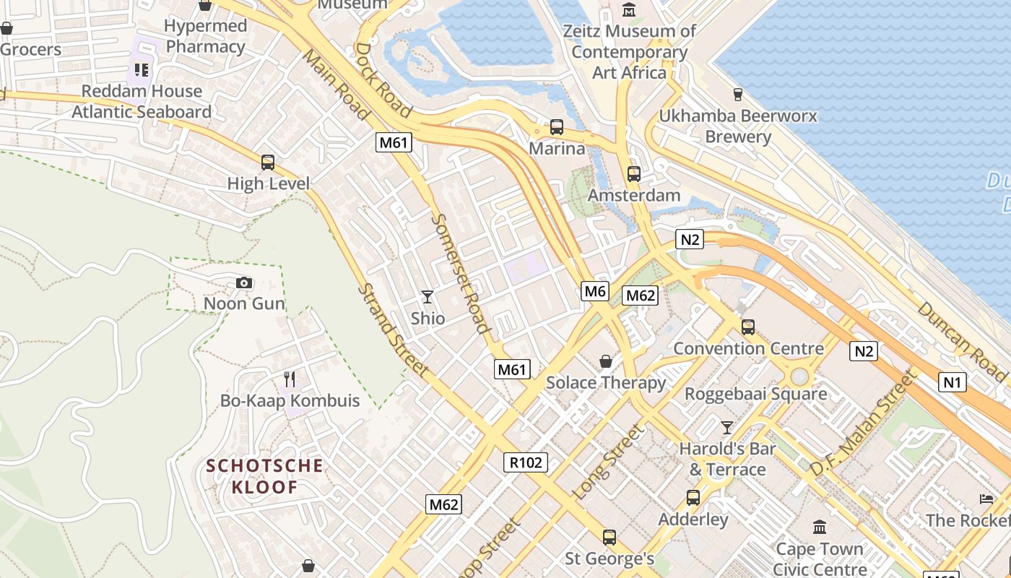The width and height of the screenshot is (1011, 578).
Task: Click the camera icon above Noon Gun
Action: tap(244, 282)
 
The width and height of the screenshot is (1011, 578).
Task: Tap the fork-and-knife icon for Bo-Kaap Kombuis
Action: tap(290, 379)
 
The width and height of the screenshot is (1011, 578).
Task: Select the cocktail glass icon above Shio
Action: tap(428, 296)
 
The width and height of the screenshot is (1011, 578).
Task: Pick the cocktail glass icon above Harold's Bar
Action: tap(727, 427)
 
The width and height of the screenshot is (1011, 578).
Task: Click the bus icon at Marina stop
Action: tap(557, 127)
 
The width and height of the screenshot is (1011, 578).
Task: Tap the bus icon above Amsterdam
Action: tap(634, 173)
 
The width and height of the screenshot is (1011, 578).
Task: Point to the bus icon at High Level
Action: tap(268, 163)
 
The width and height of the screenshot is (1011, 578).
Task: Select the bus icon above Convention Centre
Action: tap(748, 327)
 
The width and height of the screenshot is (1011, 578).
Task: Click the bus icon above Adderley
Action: tap(693, 497)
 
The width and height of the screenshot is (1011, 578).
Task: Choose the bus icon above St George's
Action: tap(609, 537)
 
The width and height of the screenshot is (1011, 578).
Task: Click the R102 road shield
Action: tap(526, 462)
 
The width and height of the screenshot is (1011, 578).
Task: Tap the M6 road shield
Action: tap(594, 291)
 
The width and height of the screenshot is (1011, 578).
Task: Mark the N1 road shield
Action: tap(953, 381)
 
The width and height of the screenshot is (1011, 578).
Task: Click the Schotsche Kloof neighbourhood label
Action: tap(264, 476)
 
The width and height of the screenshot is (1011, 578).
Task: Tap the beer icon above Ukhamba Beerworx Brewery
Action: tap(737, 94)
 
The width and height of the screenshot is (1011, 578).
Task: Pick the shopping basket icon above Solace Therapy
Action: tap(606, 361)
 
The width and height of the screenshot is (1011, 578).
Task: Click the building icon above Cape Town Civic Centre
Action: tap(819, 527)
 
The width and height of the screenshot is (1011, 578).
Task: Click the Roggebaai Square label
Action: tap(755, 394)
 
